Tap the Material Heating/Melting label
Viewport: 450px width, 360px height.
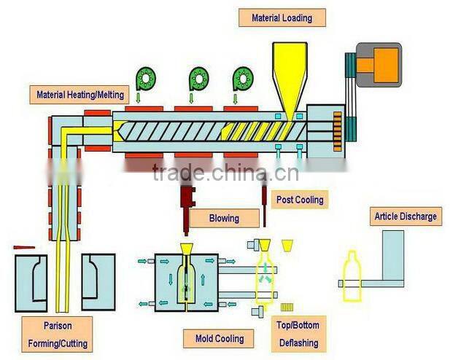80,95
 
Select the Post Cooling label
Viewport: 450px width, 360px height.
299,199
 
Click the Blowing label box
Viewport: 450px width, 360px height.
223,217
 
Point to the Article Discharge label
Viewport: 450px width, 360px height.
406,216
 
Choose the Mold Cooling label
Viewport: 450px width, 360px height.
220,338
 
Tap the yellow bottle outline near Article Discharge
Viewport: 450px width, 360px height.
352,276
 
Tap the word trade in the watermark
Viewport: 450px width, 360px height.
176,173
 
